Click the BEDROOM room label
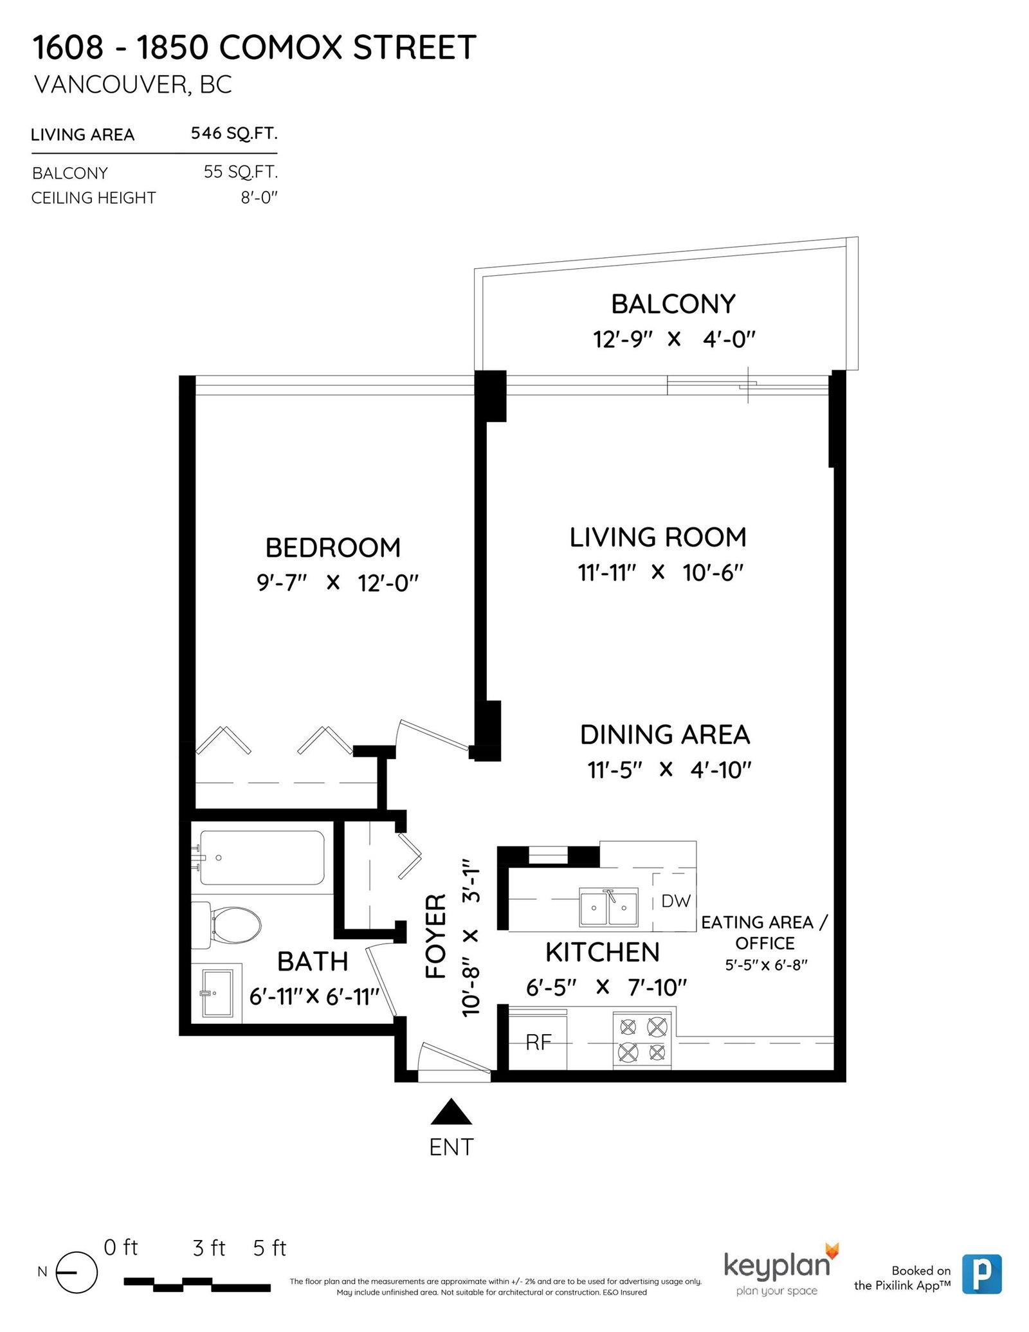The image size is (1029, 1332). pyautogui.click(x=333, y=548)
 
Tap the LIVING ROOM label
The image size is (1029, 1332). pyautogui.click(x=658, y=538)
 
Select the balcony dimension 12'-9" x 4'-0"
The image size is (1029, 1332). pyautogui.click(x=673, y=339)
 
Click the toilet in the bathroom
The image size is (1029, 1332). pyautogui.click(x=226, y=925)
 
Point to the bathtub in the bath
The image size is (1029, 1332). pyautogui.click(x=262, y=857)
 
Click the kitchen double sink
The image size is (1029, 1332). pyautogui.click(x=608, y=907)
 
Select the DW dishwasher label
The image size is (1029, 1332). pyautogui.click(x=675, y=901)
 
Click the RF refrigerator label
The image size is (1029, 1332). pyautogui.click(x=538, y=1042)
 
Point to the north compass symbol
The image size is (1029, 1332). pyautogui.click(x=77, y=1273)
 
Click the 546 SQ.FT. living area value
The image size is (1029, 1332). pyautogui.click(x=234, y=133)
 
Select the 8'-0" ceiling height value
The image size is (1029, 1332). pyautogui.click(x=259, y=197)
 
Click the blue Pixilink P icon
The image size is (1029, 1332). pyautogui.click(x=982, y=1273)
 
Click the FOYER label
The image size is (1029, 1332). pyautogui.click(x=436, y=936)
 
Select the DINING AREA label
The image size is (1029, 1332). pyautogui.click(x=665, y=734)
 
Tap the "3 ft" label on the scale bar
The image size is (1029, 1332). pyautogui.click(x=209, y=1248)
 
